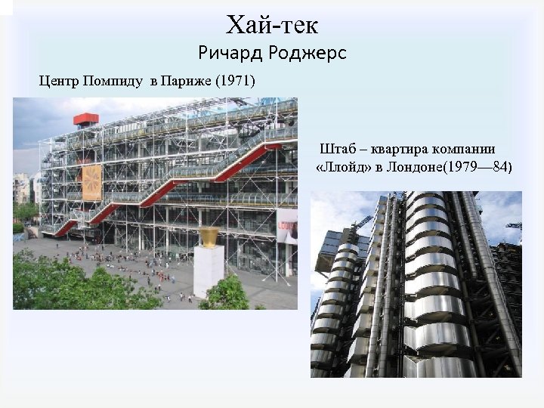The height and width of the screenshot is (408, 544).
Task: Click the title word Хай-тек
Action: [x=272, y=25]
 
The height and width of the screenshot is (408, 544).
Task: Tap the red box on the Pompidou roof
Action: [x=85, y=119]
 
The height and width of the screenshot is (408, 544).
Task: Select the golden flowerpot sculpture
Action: [x=209, y=236]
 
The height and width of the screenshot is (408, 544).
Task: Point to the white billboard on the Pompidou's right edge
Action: [x=287, y=227]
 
